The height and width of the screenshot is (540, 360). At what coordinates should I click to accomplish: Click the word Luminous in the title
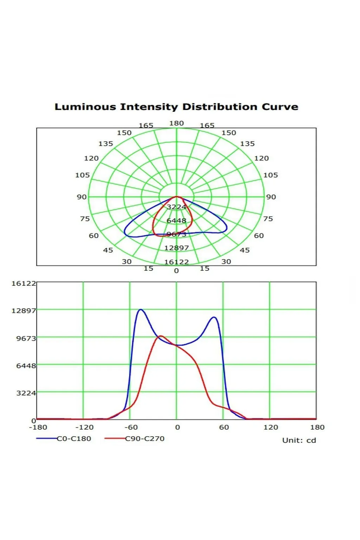pyautogui.click(x=85, y=107)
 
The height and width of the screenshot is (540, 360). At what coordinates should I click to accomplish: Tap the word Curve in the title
pyautogui.click(x=280, y=107)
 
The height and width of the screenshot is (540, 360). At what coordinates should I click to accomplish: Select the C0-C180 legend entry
pyautogui.click(x=74, y=438)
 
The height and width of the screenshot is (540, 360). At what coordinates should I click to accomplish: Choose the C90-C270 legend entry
pyautogui.click(x=144, y=438)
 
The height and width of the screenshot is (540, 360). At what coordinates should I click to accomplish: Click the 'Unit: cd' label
pyautogui.click(x=299, y=440)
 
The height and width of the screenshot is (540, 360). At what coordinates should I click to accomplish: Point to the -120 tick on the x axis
pyautogui.click(x=84, y=427)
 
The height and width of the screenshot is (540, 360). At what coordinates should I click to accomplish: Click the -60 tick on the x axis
pyautogui.click(x=131, y=427)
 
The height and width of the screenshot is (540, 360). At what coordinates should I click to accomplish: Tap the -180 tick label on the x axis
pyautogui.click(x=38, y=427)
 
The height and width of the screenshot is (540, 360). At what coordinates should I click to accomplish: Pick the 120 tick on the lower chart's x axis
pyautogui.click(x=271, y=427)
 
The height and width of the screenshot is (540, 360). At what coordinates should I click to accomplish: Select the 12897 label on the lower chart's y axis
pyautogui.click(x=24, y=311)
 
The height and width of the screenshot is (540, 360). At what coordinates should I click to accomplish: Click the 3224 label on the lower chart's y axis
pyautogui.click(x=26, y=393)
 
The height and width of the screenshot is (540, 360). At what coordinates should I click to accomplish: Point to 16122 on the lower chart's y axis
pyautogui.click(x=24, y=283)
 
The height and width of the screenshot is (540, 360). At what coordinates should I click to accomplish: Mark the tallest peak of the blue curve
pyautogui.click(x=141, y=310)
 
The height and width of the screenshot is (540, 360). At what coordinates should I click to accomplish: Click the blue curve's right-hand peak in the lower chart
pyautogui.click(x=214, y=317)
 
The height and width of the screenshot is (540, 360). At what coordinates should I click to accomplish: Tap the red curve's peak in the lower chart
pyautogui.click(x=160, y=336)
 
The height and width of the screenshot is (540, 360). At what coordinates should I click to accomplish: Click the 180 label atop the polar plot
pyautogui.click(x=176, y=123)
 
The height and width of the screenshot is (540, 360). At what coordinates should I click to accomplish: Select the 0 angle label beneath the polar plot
pyautogui.click(x=176, y=271)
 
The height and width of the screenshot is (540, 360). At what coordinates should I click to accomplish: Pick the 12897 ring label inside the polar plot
pyautogui.click(x=176, y=248)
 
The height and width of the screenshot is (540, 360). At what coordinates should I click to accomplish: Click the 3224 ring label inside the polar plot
pyautogui.click(x=176, y=207)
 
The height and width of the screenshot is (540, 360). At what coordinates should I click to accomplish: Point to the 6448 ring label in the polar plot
pyautogui.click(x=176, y=220)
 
